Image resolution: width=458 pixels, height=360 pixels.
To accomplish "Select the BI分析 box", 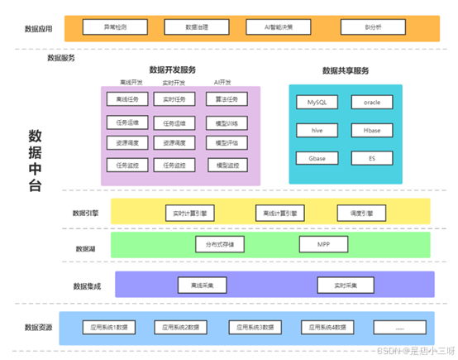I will tap(374, 27).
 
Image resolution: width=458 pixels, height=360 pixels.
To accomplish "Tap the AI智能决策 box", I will tap(289, 27).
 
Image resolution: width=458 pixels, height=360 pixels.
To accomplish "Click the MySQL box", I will tap(317, 103).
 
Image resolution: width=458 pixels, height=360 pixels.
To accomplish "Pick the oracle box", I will tap(367, 103).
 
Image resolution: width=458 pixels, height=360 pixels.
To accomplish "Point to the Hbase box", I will tap(367, 130).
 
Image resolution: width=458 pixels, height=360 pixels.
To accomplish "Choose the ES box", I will tap(367, 157).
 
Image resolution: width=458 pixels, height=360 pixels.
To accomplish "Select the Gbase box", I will tap(317, 157).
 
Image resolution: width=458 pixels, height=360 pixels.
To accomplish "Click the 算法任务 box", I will tap(227, 99).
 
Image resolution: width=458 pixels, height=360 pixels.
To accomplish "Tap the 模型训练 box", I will tap(227, 122).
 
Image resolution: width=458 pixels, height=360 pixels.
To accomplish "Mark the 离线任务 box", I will tap(128, 99).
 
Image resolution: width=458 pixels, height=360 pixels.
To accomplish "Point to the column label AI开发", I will tap(223, 83).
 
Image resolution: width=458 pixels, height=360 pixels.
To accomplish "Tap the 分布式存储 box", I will tap(220, 245).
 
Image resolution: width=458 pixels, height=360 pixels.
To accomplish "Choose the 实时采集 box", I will tap(346, 285).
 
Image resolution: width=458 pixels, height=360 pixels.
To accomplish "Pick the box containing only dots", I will tap(401, 328).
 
